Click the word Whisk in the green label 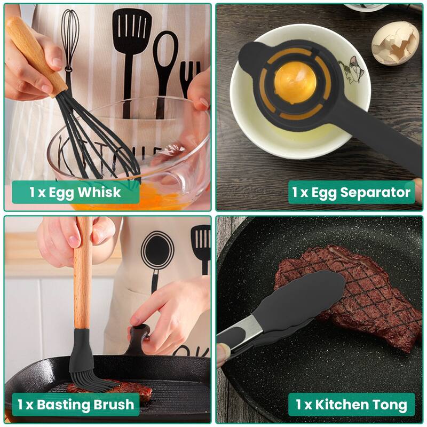[100, 192]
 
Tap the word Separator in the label [376, 192]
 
